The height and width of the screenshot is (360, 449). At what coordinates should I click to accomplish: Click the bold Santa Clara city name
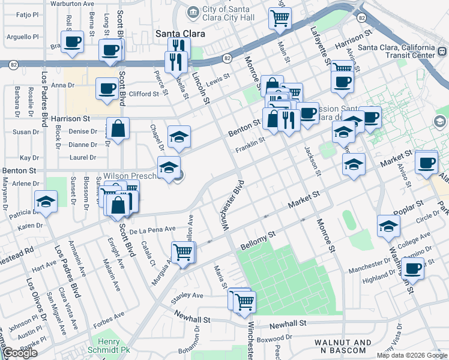tap(180, 34)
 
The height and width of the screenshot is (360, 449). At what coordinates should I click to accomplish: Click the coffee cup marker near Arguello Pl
tap(72, 42)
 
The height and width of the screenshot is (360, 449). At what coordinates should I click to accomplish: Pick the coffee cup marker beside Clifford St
tap(107, 89)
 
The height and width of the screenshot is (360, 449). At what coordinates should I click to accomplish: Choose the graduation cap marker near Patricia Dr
tap(46, 203)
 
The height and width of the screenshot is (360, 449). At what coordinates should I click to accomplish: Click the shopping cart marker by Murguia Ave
tap(182, 252)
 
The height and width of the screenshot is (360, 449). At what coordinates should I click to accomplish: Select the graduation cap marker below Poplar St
tap(388, 226)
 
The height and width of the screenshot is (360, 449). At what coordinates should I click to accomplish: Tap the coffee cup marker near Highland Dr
tap(413, 268)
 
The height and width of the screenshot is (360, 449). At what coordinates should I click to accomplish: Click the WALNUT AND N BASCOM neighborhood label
tap(343, 346)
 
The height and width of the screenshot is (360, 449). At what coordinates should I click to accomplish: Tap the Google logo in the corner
tap(20, 353)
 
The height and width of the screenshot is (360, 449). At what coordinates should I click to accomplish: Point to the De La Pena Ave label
tap(152, 229)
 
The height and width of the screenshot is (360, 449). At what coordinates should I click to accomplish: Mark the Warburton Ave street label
tap(73, 4)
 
